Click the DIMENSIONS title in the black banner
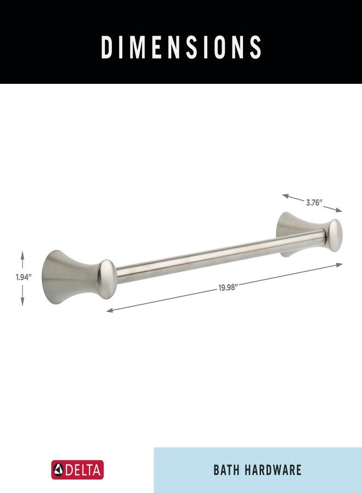click(x=181, y=48)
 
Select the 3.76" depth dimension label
click(x=314, y=202)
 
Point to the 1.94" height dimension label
click(x=24, y=277)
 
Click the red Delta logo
click(x=77, y=470)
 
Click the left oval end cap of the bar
click(x=107, y=279)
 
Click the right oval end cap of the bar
click(x=335, y=233)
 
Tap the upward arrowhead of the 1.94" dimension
click(x=22, y=253)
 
